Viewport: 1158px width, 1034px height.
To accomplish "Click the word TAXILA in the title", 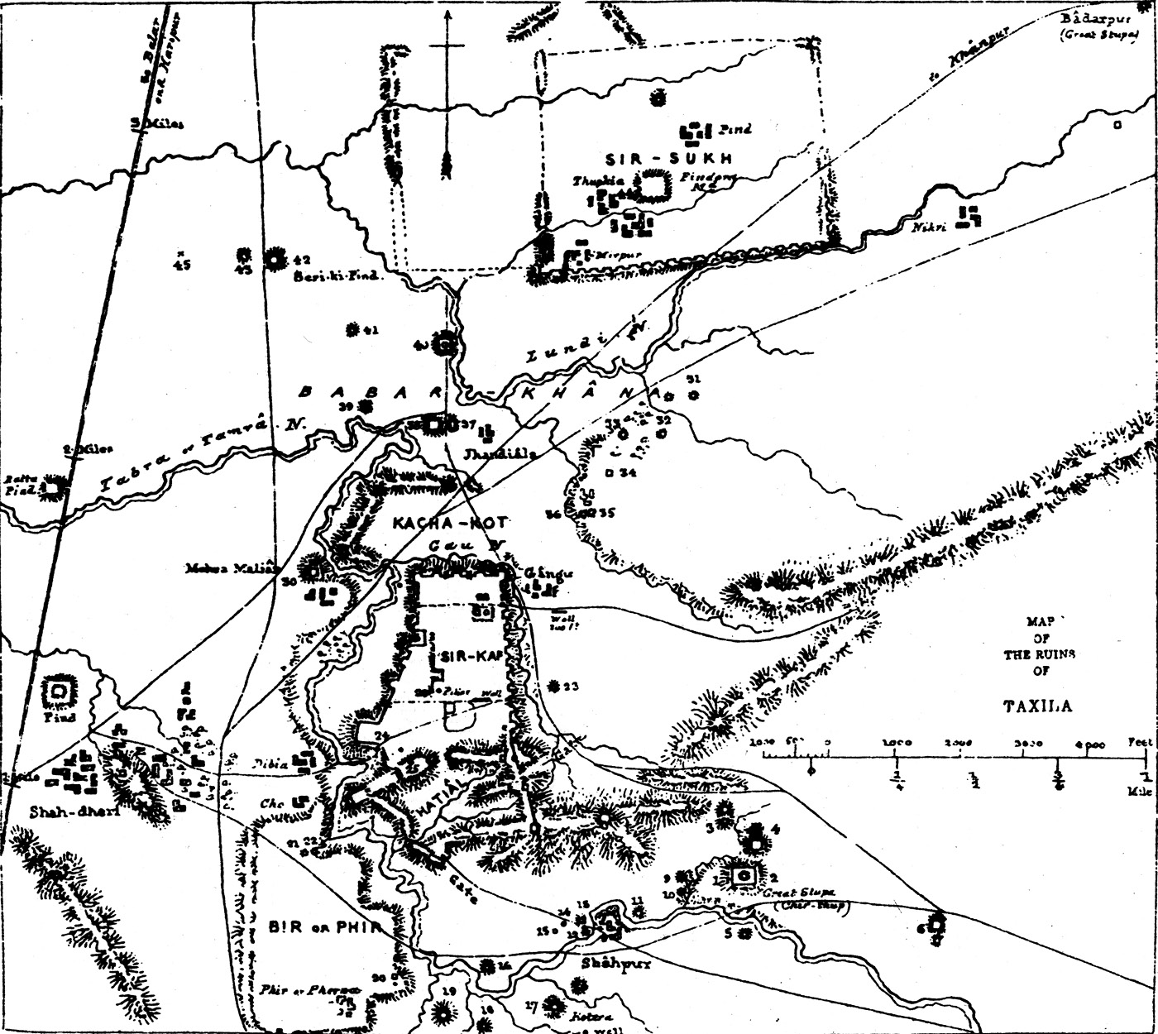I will [x=1037, y=706].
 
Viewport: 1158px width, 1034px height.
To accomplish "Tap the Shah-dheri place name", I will [x=63, y=811].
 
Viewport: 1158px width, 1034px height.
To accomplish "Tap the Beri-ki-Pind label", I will [x=336, y=277].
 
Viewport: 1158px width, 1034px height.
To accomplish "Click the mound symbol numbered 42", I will [x=274, y=259].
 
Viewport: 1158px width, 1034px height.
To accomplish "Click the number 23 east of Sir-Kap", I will [x=571, y=687].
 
